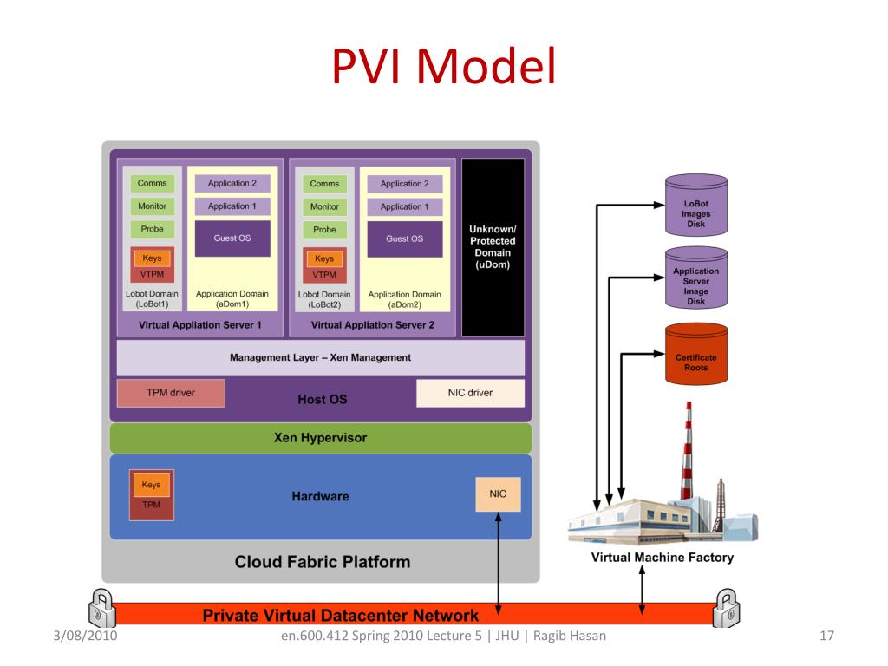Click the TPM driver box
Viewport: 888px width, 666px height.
pos(171,393)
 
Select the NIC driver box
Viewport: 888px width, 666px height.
pos(470,393)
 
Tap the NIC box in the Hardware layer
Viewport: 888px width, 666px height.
pos(498,493)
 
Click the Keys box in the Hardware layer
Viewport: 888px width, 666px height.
pos(151,485)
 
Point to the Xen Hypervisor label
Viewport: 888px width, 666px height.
pos(320,438)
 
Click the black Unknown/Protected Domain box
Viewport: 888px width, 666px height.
pos(493,247)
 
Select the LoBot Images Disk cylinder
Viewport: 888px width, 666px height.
pos(696,205)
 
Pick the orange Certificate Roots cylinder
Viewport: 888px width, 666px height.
pos(696,354)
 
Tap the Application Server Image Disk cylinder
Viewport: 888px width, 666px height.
pos(696,277)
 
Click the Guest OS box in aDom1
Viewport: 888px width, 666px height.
pos(232,238)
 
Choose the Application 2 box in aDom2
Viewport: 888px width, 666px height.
pos(404,184)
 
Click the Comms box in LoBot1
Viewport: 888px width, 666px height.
pos(152,184)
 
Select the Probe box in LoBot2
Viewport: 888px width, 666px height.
pos(324,229)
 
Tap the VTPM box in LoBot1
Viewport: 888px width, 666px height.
pos(152,274)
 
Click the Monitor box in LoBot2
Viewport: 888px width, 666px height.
pos(324,206)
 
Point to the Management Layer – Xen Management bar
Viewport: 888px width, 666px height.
pos(321,358)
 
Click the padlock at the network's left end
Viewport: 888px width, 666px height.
pos(102,608)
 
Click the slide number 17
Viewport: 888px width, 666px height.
pos(826,636)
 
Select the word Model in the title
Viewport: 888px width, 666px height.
pos(486,67)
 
